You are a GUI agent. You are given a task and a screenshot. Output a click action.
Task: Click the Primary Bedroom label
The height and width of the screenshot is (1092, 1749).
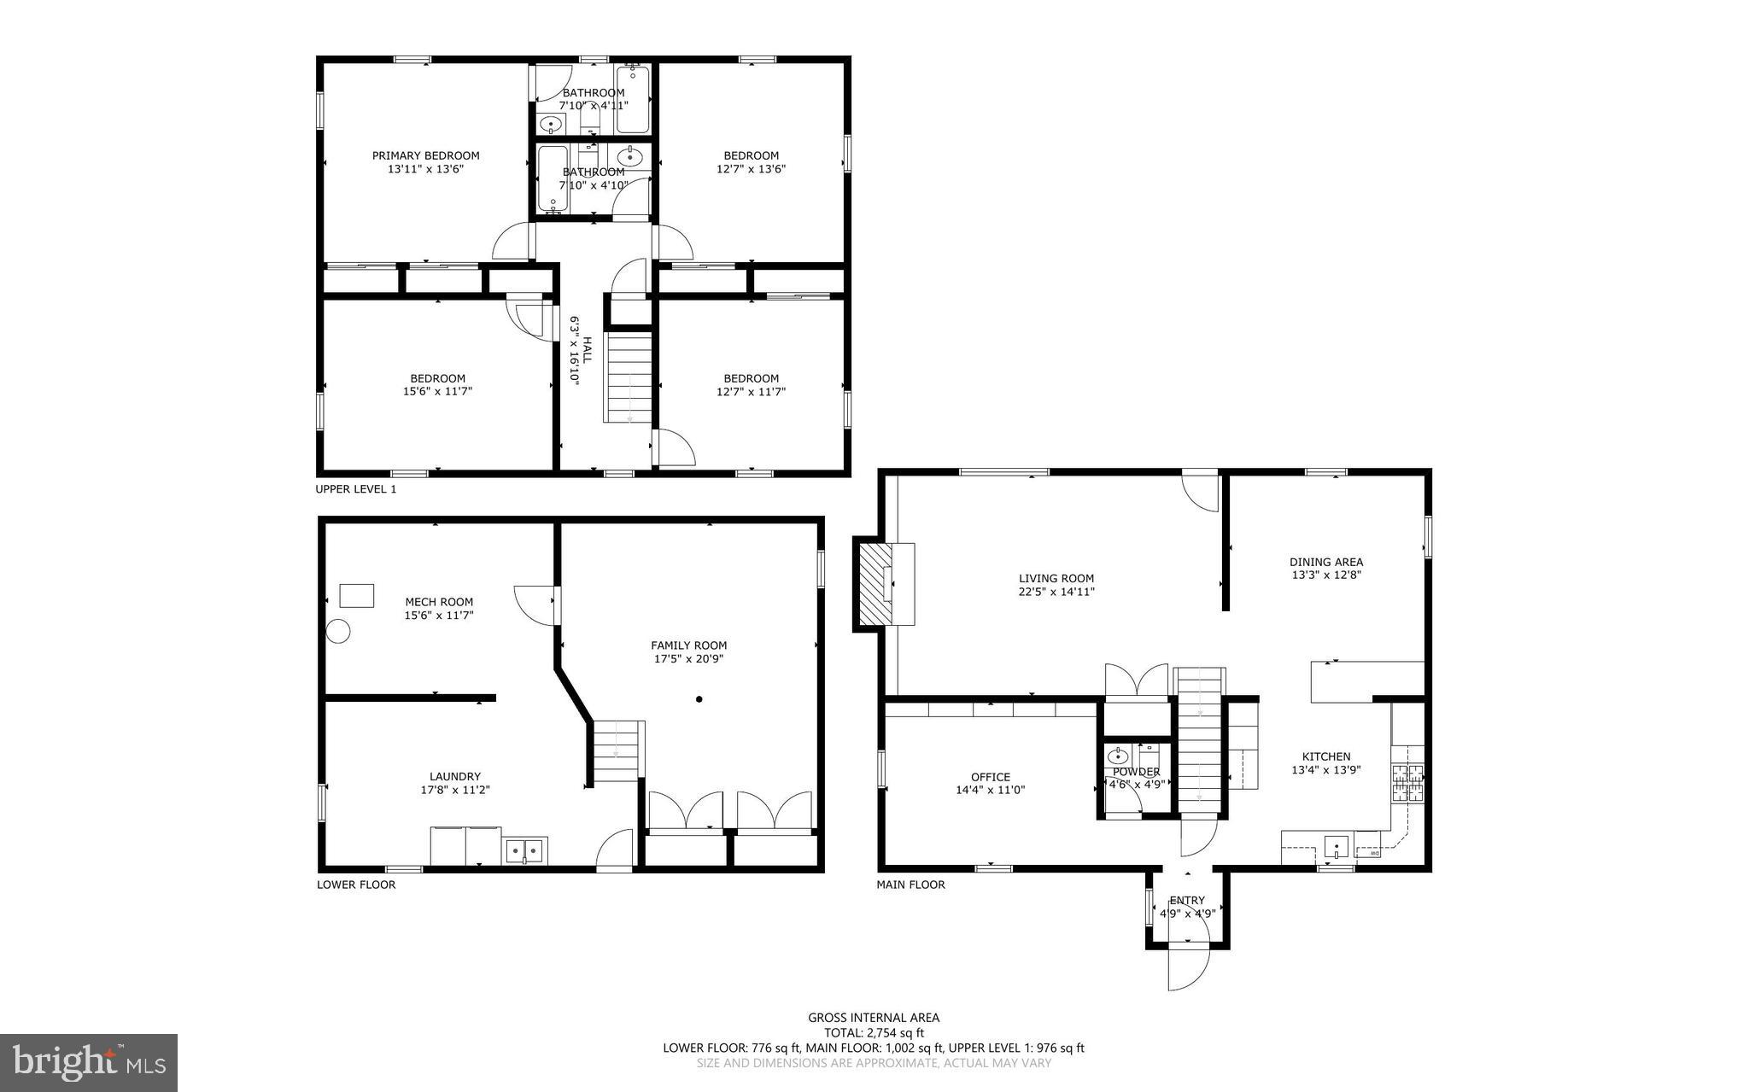pos(425,155)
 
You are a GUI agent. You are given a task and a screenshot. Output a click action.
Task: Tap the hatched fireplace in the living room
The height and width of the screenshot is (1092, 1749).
pos(874,585)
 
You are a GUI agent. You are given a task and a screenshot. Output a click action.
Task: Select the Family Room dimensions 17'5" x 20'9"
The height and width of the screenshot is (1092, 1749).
pos(688,659)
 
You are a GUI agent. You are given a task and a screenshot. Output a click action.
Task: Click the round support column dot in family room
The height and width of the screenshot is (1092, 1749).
pos(699,699)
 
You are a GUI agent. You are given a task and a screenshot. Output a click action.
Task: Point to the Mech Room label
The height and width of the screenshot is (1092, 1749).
pos(439,602)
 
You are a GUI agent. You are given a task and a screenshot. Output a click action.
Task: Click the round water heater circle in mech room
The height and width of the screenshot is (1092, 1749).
pos(339,632)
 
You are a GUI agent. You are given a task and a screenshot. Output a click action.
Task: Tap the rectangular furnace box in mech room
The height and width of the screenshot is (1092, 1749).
pos(357,595)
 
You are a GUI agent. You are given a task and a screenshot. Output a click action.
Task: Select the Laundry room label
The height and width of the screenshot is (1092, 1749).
pos(454,776)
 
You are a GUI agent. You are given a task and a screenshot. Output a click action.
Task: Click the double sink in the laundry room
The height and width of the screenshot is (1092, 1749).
pos(525,851)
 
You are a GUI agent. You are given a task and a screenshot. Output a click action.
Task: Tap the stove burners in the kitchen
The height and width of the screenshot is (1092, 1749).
pos(1407,783)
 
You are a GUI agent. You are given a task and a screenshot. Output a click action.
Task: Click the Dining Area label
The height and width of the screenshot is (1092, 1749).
pos(1325,562)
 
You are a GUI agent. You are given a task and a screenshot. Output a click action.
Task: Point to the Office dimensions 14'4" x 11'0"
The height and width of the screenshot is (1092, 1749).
pos(990,791)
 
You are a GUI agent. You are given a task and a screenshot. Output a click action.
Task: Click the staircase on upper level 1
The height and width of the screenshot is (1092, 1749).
pos(629,378)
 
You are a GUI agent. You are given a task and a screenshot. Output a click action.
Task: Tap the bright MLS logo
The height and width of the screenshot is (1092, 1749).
pos(89,1062)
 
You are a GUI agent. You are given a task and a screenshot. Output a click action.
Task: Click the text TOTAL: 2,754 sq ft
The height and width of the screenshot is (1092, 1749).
pos(874,1032)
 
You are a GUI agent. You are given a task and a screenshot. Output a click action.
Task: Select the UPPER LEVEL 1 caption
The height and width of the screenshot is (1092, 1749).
pos(356,489)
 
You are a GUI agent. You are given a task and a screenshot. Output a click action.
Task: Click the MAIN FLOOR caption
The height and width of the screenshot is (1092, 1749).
pos(910,885)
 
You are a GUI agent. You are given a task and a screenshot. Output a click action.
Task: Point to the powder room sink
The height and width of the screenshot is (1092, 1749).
pos(1117,756)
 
